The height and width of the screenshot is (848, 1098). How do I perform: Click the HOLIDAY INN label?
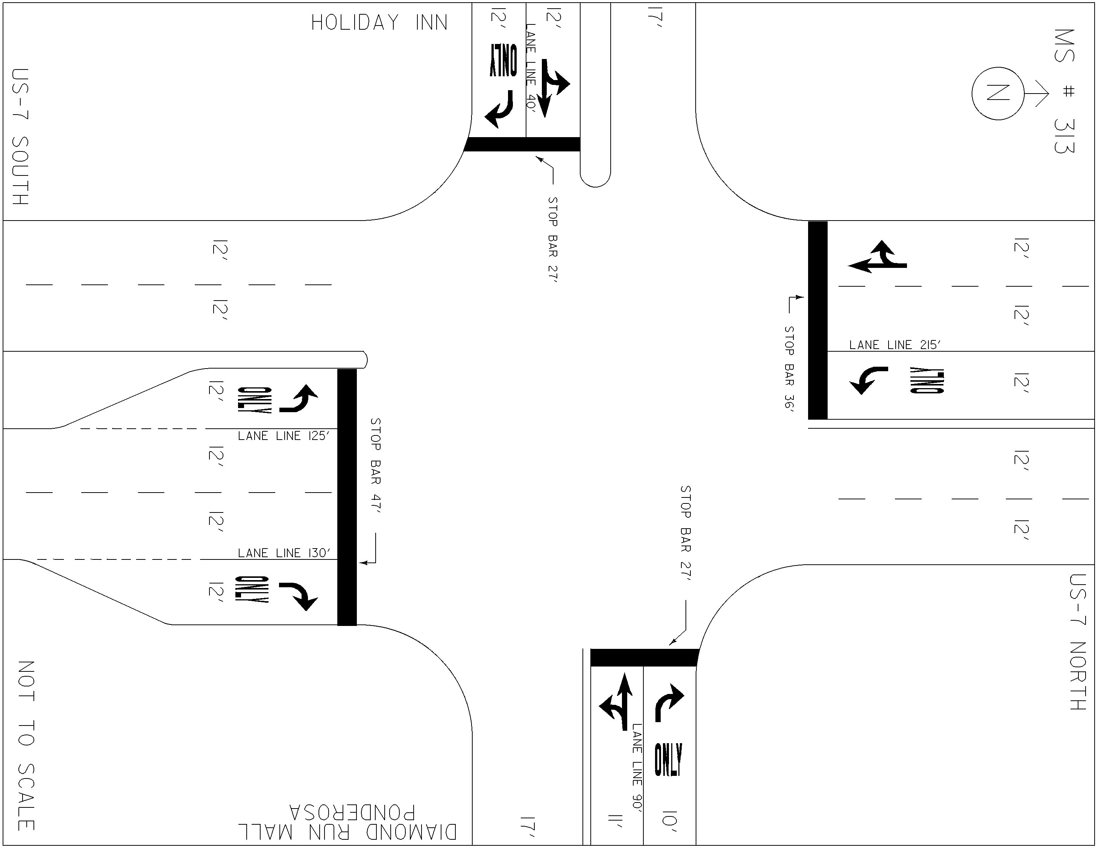click(379, 23)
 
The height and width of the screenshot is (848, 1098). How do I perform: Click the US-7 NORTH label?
click(1078, 642)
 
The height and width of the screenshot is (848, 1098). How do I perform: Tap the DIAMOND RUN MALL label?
click(347, 833)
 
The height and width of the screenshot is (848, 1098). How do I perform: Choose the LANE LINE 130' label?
click(284, 553)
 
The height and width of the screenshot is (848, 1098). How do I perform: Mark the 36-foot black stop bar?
click(817, 320)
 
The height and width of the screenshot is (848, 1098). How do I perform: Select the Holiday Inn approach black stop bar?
click(522, 144)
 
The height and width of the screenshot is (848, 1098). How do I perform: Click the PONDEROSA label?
click(352, 812)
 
